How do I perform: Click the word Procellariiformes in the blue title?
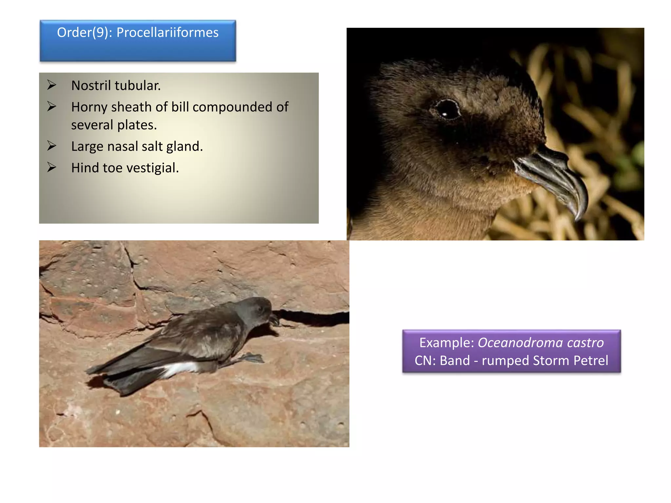167,33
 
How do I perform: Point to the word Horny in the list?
89,107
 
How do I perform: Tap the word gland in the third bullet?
184,146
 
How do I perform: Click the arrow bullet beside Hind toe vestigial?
51,167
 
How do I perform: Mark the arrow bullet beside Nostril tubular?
51,85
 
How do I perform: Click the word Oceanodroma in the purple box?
520,343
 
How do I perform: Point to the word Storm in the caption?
551,361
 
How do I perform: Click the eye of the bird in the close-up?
447,109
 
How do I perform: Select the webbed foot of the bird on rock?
252,358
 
